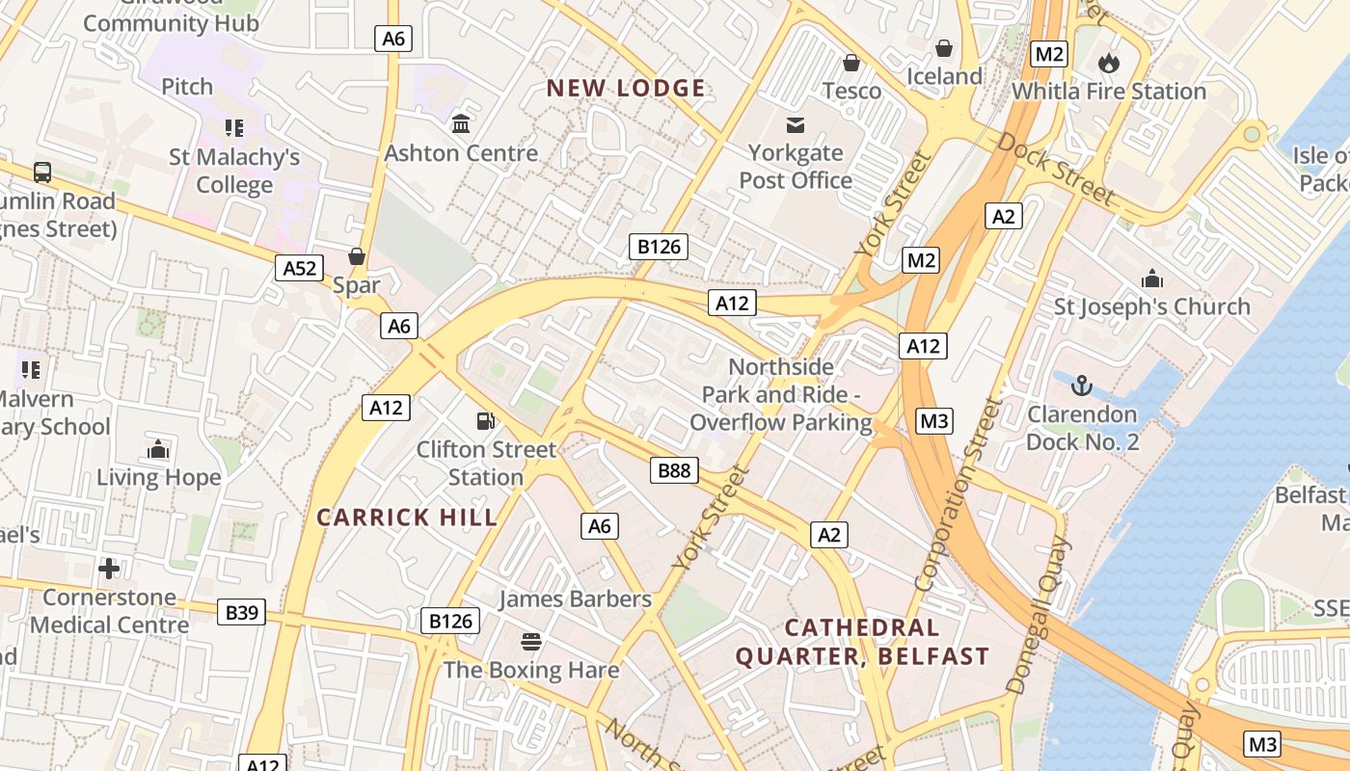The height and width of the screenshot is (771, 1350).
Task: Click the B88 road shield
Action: (674, 470)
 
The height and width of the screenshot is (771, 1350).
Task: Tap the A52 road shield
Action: (300, 268)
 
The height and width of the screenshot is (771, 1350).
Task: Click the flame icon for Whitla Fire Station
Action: (1109, 63)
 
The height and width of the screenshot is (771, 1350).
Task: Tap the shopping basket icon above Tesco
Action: (851, 63)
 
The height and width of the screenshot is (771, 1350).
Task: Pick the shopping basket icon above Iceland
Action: (944, 48)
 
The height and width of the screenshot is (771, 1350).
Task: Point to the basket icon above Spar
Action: (357, 255)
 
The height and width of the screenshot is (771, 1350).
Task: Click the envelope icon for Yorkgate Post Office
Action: (796, 124)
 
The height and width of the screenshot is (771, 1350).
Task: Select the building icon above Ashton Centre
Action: (461, 124)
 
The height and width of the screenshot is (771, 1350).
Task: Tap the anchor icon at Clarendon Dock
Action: (1082, 385)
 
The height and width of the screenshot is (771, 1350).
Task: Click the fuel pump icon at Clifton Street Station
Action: (486, 420)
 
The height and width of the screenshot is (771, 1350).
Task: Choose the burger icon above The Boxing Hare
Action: (530, 641)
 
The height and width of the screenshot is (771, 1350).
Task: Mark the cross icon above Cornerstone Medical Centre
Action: (109, 568)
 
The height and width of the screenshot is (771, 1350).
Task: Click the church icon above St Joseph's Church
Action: (1151, 279)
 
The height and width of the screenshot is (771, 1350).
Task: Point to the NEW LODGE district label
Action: (626, 89)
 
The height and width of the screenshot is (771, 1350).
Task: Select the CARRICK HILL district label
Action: (407, 517)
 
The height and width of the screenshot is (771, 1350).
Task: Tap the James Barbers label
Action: (575, 598)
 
